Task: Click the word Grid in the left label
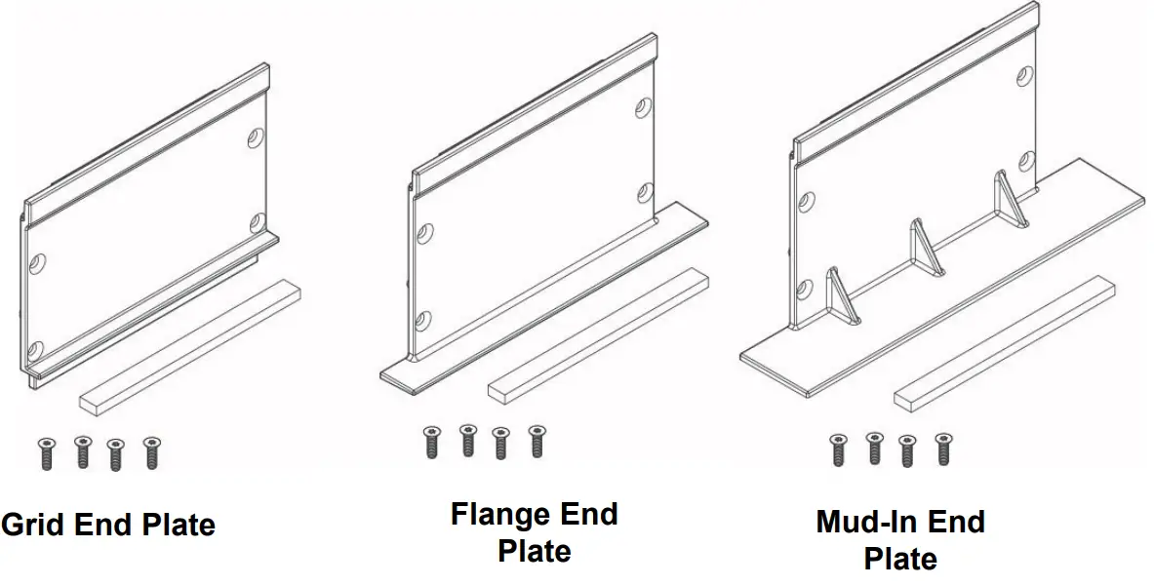[x=34, y=525]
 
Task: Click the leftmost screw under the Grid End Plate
[x=46, y=453]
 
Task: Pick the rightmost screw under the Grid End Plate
[x=151, y=452]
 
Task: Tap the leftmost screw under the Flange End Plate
[x=431, y=441]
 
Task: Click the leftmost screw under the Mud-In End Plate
[x=838, y=449]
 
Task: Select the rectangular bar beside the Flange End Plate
[x=597, y=333]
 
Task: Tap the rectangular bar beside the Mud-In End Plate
[x=1003, y=342]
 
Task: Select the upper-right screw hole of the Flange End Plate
[x=643, y=107]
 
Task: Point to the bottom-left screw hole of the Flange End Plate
[x=423, y=320]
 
